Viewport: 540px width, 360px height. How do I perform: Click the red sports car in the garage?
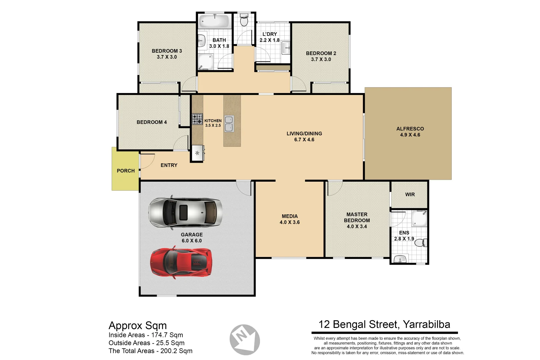point(181,262)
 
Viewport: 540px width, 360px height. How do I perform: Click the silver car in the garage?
point(185,212)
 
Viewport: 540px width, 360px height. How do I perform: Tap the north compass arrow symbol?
point(245,339)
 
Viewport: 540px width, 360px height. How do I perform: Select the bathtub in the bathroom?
point(214,21)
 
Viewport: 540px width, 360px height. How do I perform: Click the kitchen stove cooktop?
point(197,119)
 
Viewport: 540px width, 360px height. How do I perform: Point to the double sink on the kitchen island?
point(229,123)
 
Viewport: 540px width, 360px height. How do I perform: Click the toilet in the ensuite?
point(421,243)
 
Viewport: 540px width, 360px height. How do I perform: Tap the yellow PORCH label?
point(126,171)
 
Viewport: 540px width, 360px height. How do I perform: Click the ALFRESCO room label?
point(410,129)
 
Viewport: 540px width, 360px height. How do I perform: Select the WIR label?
point(410,194)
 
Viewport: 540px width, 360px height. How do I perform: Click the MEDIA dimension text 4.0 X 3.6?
point(290,222)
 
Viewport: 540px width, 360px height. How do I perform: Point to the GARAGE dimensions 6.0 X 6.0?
point(192,241)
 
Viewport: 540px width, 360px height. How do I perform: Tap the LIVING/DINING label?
point(304,133)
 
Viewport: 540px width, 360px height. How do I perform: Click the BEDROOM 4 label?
point(152,122)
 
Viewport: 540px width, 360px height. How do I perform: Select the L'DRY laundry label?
point(270,34)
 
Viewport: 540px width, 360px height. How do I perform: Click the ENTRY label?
point(169,165)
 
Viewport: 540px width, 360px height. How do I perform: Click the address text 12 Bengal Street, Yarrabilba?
point(384,324)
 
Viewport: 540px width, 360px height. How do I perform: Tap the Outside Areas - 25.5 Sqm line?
point(146,343)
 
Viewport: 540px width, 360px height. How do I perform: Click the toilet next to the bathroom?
point(244,21)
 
